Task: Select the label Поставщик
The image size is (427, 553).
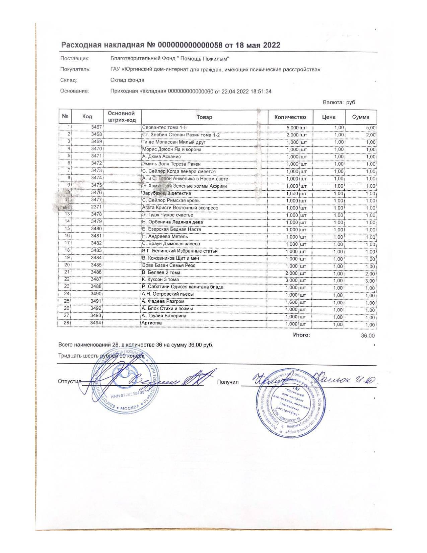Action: [74, 59]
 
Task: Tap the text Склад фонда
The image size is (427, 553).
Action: [127, 80]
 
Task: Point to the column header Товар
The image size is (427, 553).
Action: [204, 117]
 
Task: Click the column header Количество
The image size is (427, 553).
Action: [290, 117]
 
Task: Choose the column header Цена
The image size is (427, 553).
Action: [329, 117]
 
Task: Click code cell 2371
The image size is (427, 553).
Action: [96, 208]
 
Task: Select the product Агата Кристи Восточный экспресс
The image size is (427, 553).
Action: [180, 208]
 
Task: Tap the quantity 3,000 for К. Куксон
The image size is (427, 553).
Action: [291, 280]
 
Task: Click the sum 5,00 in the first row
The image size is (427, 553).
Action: [370, 128]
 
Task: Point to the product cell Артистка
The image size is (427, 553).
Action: [152, 323]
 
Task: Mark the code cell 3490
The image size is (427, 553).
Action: [96, 294]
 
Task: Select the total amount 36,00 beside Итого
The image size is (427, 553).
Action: [368, 335]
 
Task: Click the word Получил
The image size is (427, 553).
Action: [227, 382]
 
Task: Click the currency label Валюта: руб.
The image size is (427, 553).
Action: [339, 102]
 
